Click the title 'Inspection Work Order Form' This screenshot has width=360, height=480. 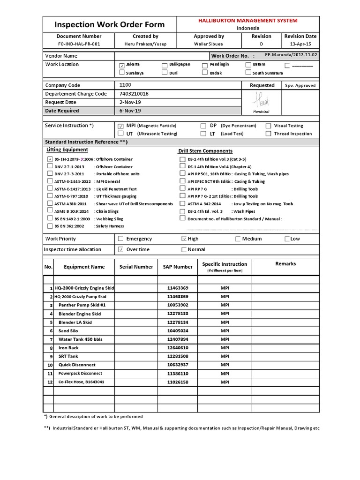coord(110,24)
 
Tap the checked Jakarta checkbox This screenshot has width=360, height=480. coord(122,66)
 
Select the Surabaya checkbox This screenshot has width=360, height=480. coord(122,73)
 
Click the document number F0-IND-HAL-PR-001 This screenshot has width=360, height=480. coord(79,45)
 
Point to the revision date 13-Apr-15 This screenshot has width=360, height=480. coord(300,45)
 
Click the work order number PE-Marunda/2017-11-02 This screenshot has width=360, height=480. coord(291,55)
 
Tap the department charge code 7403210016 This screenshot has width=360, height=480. coord(134,94)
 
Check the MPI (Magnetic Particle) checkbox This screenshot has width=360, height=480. coord(120,126)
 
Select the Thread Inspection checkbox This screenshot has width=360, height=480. coord(268,134)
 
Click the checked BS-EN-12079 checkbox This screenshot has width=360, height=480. coord(50,159)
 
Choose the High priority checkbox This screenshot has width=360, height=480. coord(184,239)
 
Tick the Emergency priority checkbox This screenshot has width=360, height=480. coord(121,239)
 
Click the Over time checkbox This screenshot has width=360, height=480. coord(121,249)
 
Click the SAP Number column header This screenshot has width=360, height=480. coord(178,267)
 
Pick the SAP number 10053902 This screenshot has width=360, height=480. coord(178,305)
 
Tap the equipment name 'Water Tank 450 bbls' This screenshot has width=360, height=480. coord(80,339)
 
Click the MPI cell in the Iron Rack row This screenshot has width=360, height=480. coord(225,348)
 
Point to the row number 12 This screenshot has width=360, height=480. coord(49,382)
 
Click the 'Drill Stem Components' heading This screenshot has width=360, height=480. coord(205,151)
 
